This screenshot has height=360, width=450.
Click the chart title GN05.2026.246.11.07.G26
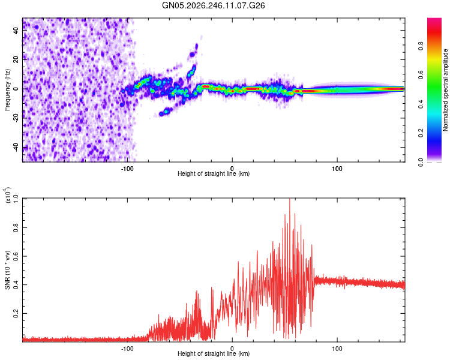pos(213,5)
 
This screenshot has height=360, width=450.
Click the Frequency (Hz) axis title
pos(7,90)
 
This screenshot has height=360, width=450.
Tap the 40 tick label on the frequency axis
pos(16,30)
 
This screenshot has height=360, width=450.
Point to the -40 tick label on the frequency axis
pos(16,148)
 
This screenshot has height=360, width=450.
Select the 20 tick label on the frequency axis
pos(16,59)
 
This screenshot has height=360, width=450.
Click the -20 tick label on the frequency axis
pos(16,118)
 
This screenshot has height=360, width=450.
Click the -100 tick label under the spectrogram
pos(127,169)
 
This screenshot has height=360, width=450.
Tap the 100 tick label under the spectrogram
pos(337,169)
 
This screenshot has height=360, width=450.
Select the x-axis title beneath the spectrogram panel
pos(214,173)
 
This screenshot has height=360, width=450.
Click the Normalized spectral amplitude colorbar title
pos(445,90)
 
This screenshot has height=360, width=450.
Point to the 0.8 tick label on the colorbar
pos(421,46)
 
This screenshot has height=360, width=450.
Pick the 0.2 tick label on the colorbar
pos(421,133)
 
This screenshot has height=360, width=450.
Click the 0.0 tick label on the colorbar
pos(421,162)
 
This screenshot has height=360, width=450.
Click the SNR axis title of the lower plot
pos(7,270)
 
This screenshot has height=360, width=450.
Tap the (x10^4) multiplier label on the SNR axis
pos(7,195)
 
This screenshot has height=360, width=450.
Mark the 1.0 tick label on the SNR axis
pos(16,199)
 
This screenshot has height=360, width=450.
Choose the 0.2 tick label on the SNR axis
pos(16,313)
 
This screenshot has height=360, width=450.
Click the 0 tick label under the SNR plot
pos(232,349)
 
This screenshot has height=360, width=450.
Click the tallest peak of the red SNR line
pos(290,199)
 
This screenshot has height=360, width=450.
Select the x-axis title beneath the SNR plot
pos(214,353)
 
